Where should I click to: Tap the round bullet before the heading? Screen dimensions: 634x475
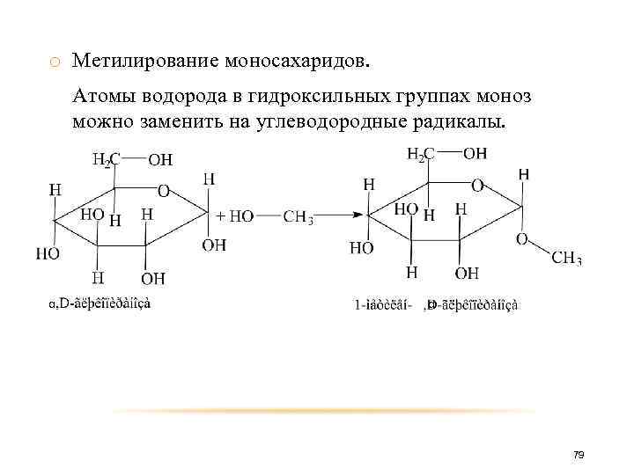pyautogui.click(x=55, y=62)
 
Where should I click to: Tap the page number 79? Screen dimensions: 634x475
pyautogui.click(x=579, y=455)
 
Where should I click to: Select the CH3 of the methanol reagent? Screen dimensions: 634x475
pyautogui.click(x=299, y=216)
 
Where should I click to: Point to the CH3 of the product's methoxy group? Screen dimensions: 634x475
pyautogui.click(x=566, y=258)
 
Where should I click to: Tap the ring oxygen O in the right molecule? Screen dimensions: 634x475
pyautogui.click(x=477, y=186)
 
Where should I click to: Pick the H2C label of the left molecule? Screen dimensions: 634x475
pyautogui.click(x=105, y=160)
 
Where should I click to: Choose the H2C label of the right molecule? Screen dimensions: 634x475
pyautogui.click(x=420, y=155)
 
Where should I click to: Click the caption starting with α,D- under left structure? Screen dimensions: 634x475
pyautogui.click(x=100, y=303)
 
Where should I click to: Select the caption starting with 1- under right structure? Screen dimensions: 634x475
pyautogui.click(x=436, y=304)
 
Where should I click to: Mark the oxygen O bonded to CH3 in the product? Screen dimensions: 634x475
pyautogui.click(x=521, y=239)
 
